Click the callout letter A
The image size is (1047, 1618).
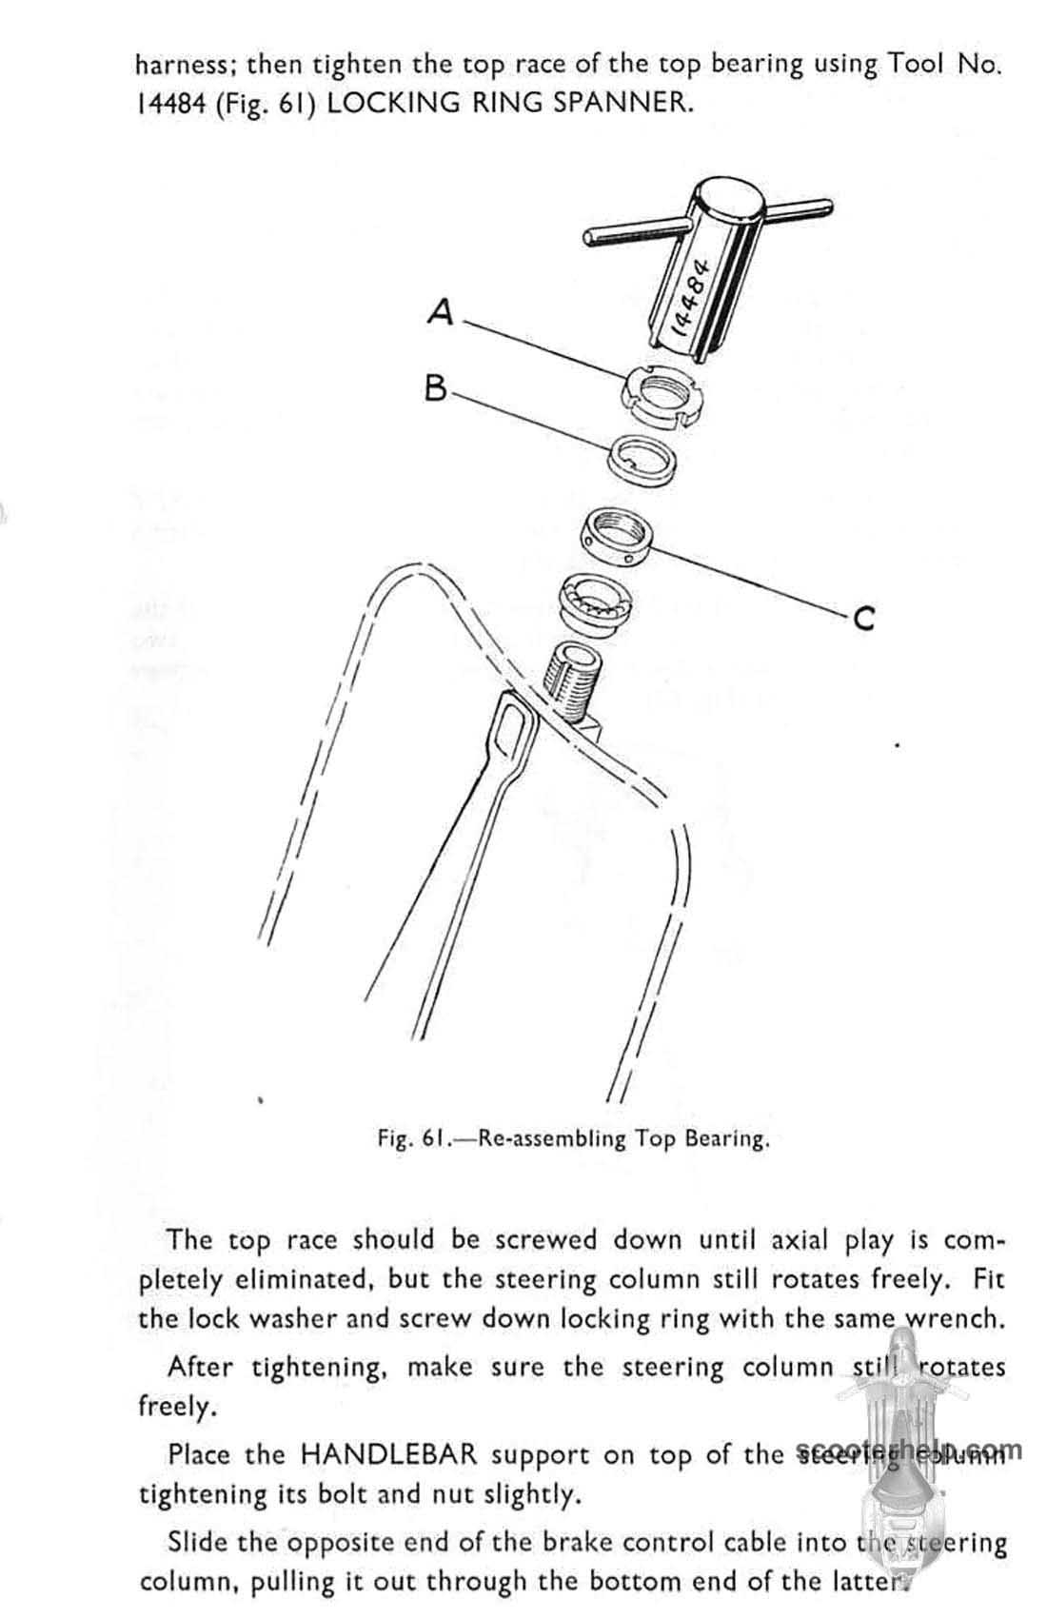(x=441, y=311)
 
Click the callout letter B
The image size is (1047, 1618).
(x=436, y=387)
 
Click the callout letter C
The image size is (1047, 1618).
(x=863, y=620)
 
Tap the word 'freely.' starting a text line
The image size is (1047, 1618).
(x=177, y=1407)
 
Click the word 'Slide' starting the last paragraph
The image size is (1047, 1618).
(x=194, y=1542)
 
